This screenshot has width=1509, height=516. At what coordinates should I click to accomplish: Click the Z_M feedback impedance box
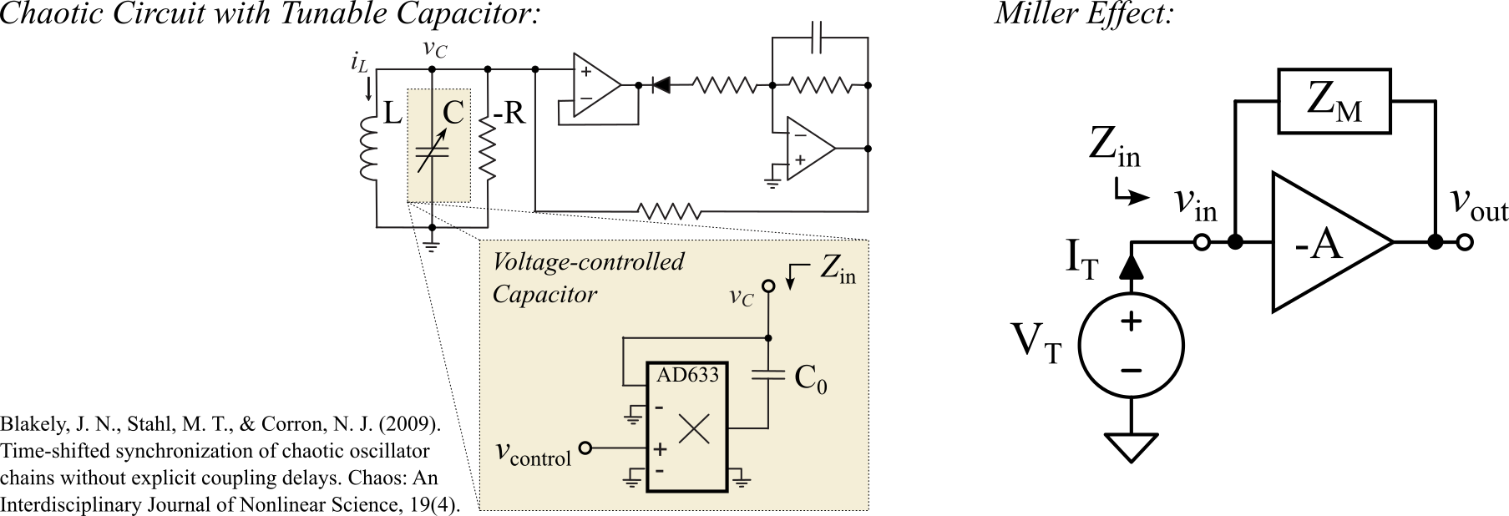point(1335,103)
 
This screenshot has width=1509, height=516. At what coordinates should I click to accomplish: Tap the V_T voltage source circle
point(1130,345)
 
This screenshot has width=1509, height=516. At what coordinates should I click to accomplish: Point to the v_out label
point(1478,205)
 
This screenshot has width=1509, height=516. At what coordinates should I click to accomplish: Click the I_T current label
point(1081,260)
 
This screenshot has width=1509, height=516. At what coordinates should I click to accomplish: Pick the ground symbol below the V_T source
point(1130,446)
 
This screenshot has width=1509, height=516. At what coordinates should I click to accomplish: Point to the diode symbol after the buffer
point(661,84)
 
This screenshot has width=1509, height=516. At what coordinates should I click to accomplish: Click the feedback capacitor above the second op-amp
point(819,38)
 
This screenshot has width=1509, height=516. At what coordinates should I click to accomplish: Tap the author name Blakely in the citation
point(33,424)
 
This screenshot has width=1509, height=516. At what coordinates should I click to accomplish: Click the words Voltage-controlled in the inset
point(588,261)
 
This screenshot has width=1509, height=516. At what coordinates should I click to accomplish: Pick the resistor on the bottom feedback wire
point(667,210)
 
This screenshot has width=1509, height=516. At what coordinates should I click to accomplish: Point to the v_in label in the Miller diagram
point(1195,205)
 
